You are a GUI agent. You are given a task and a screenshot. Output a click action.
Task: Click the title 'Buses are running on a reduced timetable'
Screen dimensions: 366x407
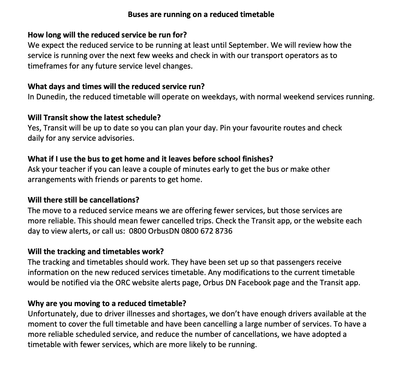click(201, 14)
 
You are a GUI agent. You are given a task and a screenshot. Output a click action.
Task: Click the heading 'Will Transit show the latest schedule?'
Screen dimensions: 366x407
click(94, 118)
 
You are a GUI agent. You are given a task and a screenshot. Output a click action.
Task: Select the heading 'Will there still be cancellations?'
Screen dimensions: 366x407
click(83, 200)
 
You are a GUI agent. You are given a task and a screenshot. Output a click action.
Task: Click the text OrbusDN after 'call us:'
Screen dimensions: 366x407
click(163, 231)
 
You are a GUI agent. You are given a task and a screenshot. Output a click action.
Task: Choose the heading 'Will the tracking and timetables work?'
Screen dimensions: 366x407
click(96, 252)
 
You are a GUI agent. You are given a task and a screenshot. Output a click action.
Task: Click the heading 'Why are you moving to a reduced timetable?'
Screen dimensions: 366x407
click(107, 304)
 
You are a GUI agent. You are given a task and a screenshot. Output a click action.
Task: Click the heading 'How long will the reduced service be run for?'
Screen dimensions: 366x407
click(107, 35)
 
